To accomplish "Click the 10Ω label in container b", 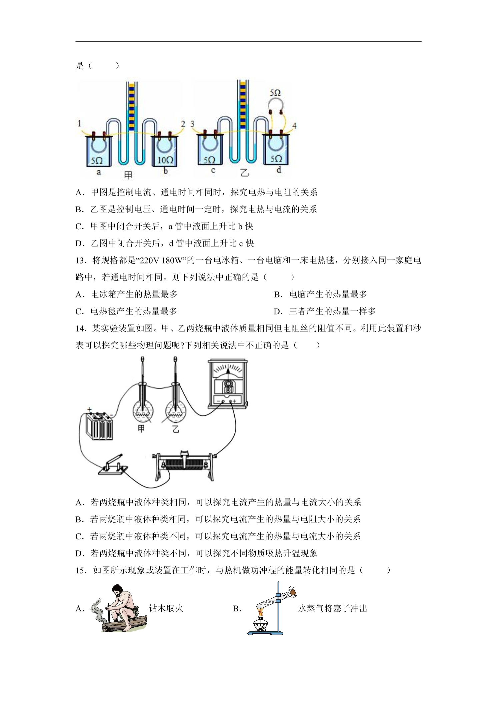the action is [x=165, y=160].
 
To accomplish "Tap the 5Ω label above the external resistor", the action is [x=275, y=93].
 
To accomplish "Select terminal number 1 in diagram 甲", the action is [x=79, y=124].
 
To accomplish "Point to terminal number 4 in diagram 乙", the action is [x=294, y=126].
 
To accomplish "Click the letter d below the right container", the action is [x=279, y=170].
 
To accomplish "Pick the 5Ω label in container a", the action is [x=97, y=161].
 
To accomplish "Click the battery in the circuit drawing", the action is [x=99, y=424].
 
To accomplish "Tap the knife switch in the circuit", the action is [x=113, y=465].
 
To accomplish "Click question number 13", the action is [x=82, y=260].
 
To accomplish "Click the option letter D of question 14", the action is [x=80, y=553].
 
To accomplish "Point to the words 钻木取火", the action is [x=166, y=608].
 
